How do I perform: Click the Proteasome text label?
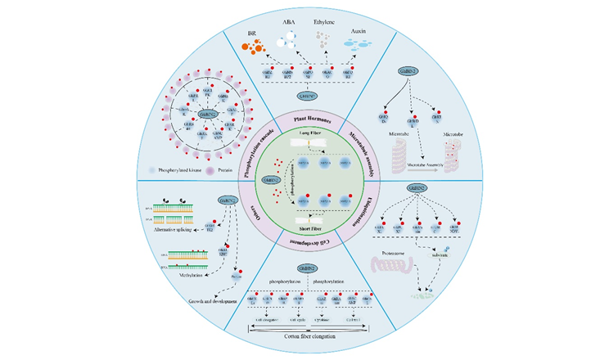coord(393,253)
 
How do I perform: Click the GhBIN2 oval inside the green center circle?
coord(269,181)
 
